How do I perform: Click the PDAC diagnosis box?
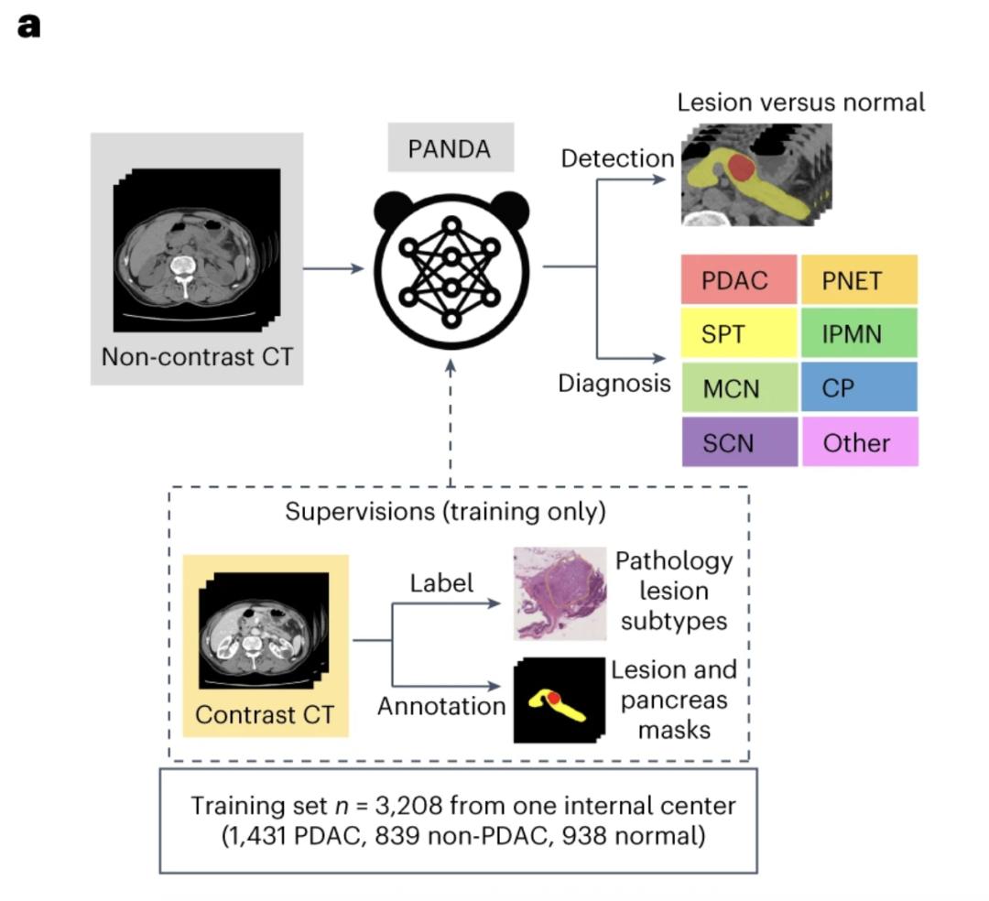pyautogui.click(x=739, y=279)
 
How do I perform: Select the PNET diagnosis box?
pyautogui.click(x=858, y=279)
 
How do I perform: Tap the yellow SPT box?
pyautogui.click(x=739, y=333)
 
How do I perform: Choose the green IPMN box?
pyautogui.click(x=858, y=333)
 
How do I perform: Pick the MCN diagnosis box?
pyautogui.click(x=739, y=387)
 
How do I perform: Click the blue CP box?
pyautogui.click(x=858, y=387)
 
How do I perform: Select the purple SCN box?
pyautogui.click(x=739, y=442)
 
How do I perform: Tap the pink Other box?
pyautogui.click(x=858, y=442)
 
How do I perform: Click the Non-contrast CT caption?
pyautogui.click(x=198, y=355)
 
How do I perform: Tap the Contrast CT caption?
pyautogui.click(x=265, y=714)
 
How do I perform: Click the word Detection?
pyautogui.click(x=617, y=158)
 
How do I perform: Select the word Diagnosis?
pyautogui.click(x=614, y=383)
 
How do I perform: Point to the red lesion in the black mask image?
pyautogui.click(x=554, y=700)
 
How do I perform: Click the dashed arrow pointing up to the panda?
pyautogui.click(x=451, y=421)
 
